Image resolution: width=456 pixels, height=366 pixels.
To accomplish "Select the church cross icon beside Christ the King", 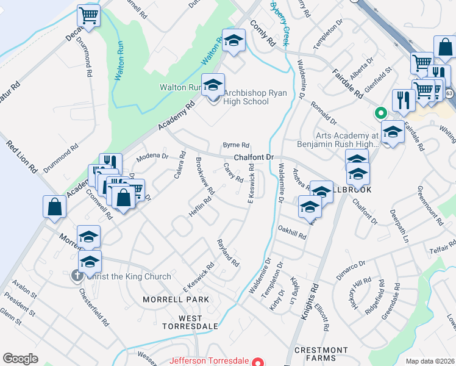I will tap(77, 276).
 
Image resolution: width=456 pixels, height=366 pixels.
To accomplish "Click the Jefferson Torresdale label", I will tap(211, 361).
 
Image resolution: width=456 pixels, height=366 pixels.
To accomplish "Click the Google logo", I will tap(20, 359).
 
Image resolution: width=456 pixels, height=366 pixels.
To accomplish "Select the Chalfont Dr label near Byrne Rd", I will tap(256, 157).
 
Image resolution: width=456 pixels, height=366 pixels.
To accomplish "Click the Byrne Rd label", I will tap(236, 145).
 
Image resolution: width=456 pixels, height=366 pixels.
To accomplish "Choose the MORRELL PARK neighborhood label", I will tap(176, 300).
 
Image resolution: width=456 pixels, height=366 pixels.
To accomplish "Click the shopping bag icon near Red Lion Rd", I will tap(54, 206).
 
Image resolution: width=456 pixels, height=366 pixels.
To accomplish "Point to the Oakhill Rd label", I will tap(291, 235).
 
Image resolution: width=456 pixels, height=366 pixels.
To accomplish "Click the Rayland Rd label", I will tap(228, 251).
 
